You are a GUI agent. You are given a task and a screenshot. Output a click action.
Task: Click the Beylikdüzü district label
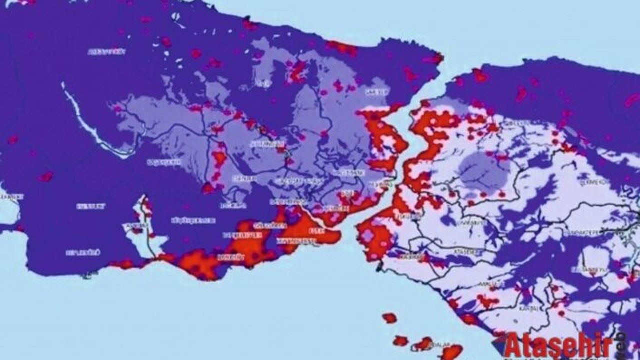tap(83, 253)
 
